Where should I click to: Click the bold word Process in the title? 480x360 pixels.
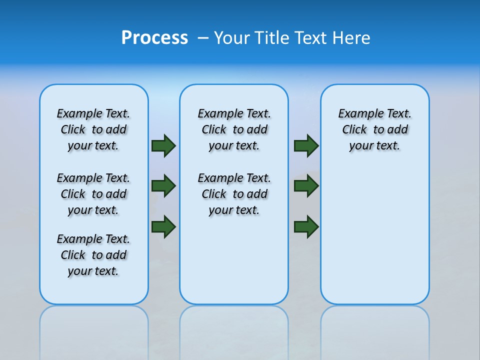tap(154, 38)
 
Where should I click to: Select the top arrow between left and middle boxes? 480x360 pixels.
tap(163, 145)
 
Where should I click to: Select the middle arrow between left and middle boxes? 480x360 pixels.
tap(163, 186)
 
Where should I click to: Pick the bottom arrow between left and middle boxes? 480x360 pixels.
tap(163, 226)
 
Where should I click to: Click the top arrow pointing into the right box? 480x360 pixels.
tap(306, 145)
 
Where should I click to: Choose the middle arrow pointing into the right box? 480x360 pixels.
tap(306, 186)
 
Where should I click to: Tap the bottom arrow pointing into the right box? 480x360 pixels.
tap(306, 226)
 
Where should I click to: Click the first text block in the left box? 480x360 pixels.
tap(93, 129)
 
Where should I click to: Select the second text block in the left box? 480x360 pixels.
tap(93, 194)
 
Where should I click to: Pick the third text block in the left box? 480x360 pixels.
tap(93, 255)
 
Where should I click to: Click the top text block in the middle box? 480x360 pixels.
tap(234, 129)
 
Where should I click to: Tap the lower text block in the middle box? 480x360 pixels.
tap(234, 194)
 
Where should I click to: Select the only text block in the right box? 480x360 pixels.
tap(374, 129)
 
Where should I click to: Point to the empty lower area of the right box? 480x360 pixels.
tap(374, 235)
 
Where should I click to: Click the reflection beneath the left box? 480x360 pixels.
tap(94, 330)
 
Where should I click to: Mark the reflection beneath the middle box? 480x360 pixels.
tap(234, 330)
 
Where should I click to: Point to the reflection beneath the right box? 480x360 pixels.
tap(374, 330)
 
